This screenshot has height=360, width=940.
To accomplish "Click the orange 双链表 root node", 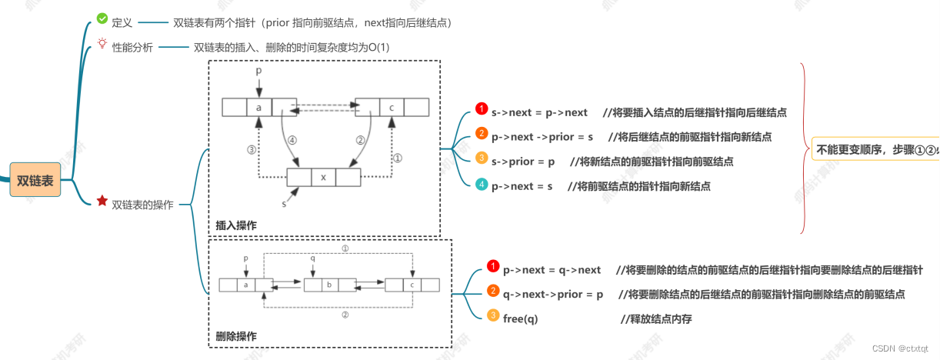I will coord(35,181).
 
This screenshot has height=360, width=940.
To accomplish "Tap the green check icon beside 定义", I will coord(102,18).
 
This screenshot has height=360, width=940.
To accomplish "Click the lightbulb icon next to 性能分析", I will coord(102,44).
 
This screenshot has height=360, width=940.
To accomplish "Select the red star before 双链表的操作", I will coord(102,202).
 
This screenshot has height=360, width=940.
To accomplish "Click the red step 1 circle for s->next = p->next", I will coord(482,109).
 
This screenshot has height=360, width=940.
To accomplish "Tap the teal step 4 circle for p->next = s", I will coord(482,185).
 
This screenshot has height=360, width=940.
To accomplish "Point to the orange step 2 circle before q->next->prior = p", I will coord(493,292).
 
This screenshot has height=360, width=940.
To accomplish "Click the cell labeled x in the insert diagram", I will coord(323,177).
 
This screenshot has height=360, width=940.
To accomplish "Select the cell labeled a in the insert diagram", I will coord(259,107).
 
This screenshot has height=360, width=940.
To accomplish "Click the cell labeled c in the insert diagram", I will coord(392,107).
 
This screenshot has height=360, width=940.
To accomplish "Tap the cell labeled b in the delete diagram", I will coord(329,285).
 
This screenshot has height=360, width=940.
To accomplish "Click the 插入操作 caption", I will coord(236,225).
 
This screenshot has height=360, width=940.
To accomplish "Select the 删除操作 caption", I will coord(236,336).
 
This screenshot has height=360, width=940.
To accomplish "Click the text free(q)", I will coord(521,318).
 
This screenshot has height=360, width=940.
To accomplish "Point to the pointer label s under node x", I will coord(283,204).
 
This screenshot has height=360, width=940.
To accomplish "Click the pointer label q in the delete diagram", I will coord(312,258).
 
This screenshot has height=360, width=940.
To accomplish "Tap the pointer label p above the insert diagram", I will coord(258,70).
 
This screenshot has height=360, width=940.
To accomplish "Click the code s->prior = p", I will coord(523,162).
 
